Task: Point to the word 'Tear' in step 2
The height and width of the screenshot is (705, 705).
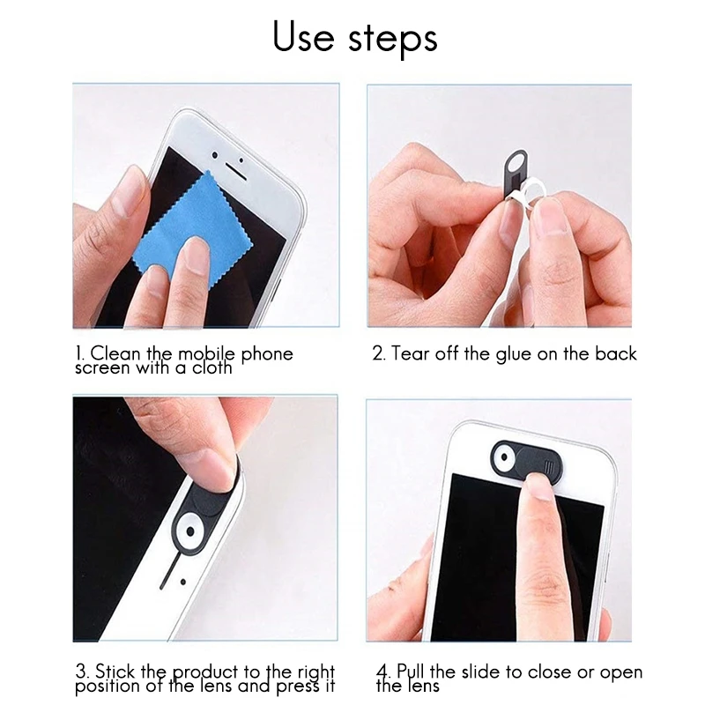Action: point(410,353)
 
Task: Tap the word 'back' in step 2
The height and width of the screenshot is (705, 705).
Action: point(613,353)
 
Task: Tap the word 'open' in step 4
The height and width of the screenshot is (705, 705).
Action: point(620,672)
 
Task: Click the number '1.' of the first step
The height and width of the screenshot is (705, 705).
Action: point(79,353)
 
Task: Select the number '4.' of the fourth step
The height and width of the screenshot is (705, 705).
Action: point(382,672)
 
